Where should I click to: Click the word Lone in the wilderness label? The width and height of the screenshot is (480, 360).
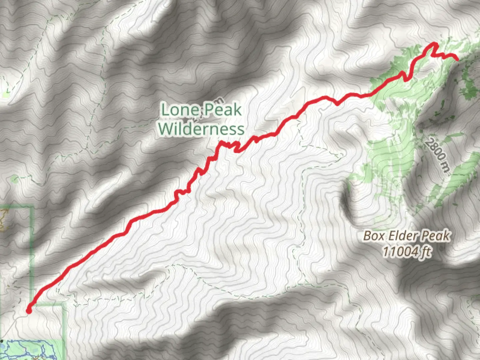(x=180, y=110)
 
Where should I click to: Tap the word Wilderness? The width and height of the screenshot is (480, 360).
(x=201, y=129)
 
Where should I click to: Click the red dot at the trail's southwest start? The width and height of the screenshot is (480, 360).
(x=29, y=311)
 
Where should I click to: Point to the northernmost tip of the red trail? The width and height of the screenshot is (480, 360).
(x=434, y=44)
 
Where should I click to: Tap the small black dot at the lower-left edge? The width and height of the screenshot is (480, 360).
(x=2, y=341)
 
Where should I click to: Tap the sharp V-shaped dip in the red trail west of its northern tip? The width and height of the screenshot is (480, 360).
(x=406, y=79)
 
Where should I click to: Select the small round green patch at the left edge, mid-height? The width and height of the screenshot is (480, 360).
(x=14, y=179)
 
